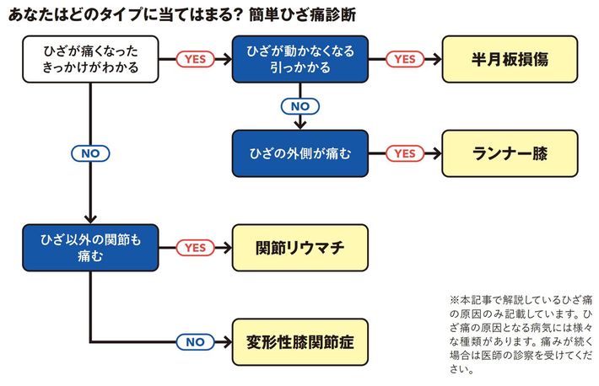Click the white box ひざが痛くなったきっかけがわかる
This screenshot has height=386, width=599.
(90, 59)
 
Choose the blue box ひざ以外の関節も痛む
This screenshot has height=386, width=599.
(90, 248)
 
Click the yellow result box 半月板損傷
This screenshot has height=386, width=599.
(510, 59)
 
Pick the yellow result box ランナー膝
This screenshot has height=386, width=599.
(510, 153)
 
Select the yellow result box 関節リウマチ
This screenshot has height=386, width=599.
(299, 248)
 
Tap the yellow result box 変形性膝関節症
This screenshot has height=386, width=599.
(299, 342)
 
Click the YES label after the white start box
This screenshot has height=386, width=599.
(195, 59)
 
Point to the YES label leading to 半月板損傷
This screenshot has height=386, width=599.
(405, 59)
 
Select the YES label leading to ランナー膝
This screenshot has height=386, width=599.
(405, 153)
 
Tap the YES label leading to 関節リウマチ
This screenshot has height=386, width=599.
(195, 248)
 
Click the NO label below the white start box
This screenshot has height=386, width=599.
(90, 153)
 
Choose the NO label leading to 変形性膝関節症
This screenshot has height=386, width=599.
(195, 342)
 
